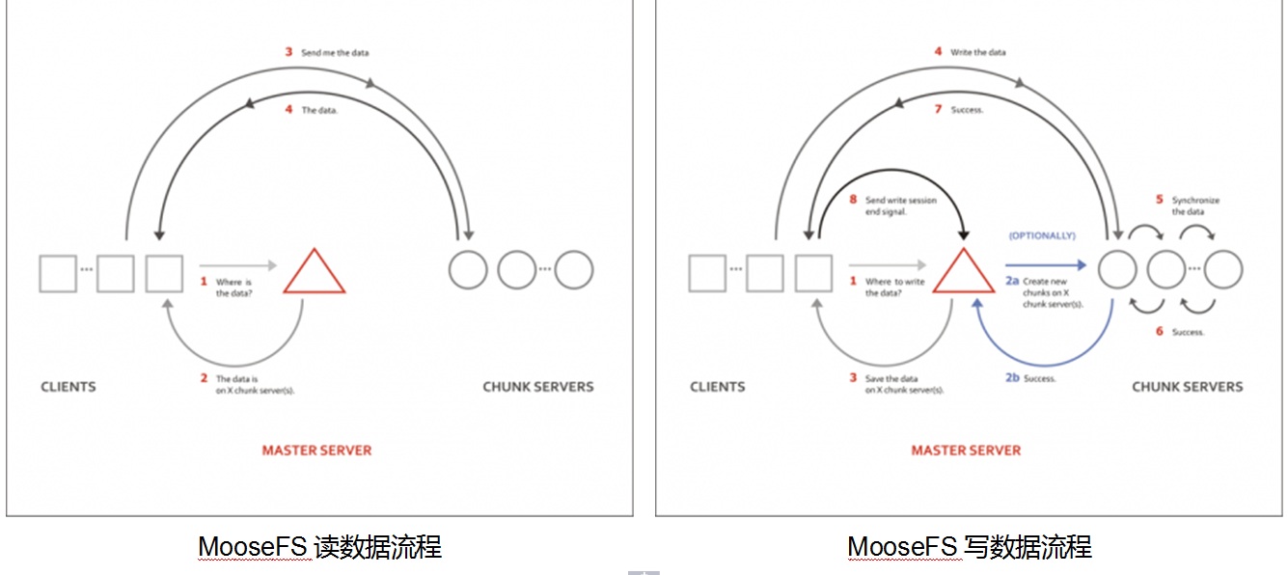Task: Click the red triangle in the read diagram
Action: [x=315, y=274]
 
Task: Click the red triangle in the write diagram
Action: [x=964, y=274]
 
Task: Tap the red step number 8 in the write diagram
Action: [x=852, y=200]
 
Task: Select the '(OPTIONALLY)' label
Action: [x=1042, y=235]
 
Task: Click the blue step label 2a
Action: [x=1012, y=281]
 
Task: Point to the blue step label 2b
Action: [x=1012, y=378]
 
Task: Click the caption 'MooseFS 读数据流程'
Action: [x=319, y=547]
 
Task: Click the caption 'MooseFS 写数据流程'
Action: [x=969, y=547]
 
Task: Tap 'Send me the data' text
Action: [x=335, y=53]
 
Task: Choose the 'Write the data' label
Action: [x=977, y=52]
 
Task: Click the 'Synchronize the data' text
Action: [x=1195, y=205]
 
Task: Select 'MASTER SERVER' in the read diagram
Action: [x=316, y=450]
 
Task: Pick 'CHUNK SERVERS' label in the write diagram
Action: [x=1187, y=387]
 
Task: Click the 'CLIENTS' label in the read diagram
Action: [x=69, y=387]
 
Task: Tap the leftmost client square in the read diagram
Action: [x=58, y=273]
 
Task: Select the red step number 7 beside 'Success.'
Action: [x=937, y=109]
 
